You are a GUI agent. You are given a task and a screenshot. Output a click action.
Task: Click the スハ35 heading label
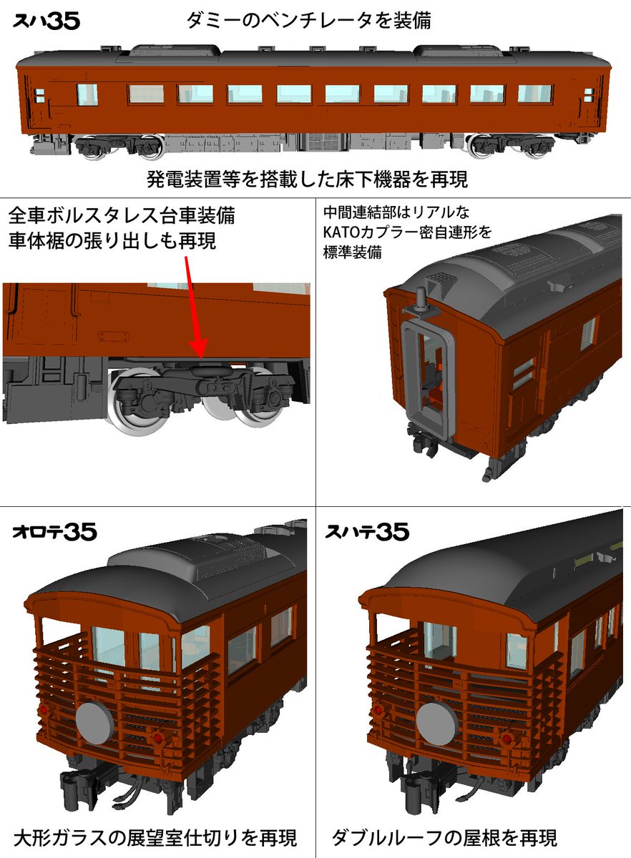[47, 21]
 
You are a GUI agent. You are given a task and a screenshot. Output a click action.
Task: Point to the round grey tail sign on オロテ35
[94, 723]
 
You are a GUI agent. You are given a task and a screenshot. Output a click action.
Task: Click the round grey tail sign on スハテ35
[437, 720]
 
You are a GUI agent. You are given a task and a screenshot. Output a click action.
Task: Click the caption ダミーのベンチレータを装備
[308, 21]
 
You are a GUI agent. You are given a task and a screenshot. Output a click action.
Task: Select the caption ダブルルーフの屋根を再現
[444, 837]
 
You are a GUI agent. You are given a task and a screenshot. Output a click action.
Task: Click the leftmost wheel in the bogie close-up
[136, 404]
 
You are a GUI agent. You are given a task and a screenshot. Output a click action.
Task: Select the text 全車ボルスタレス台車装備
[122, 214]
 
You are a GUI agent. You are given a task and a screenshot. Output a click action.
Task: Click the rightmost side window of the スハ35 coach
[535, 94]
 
